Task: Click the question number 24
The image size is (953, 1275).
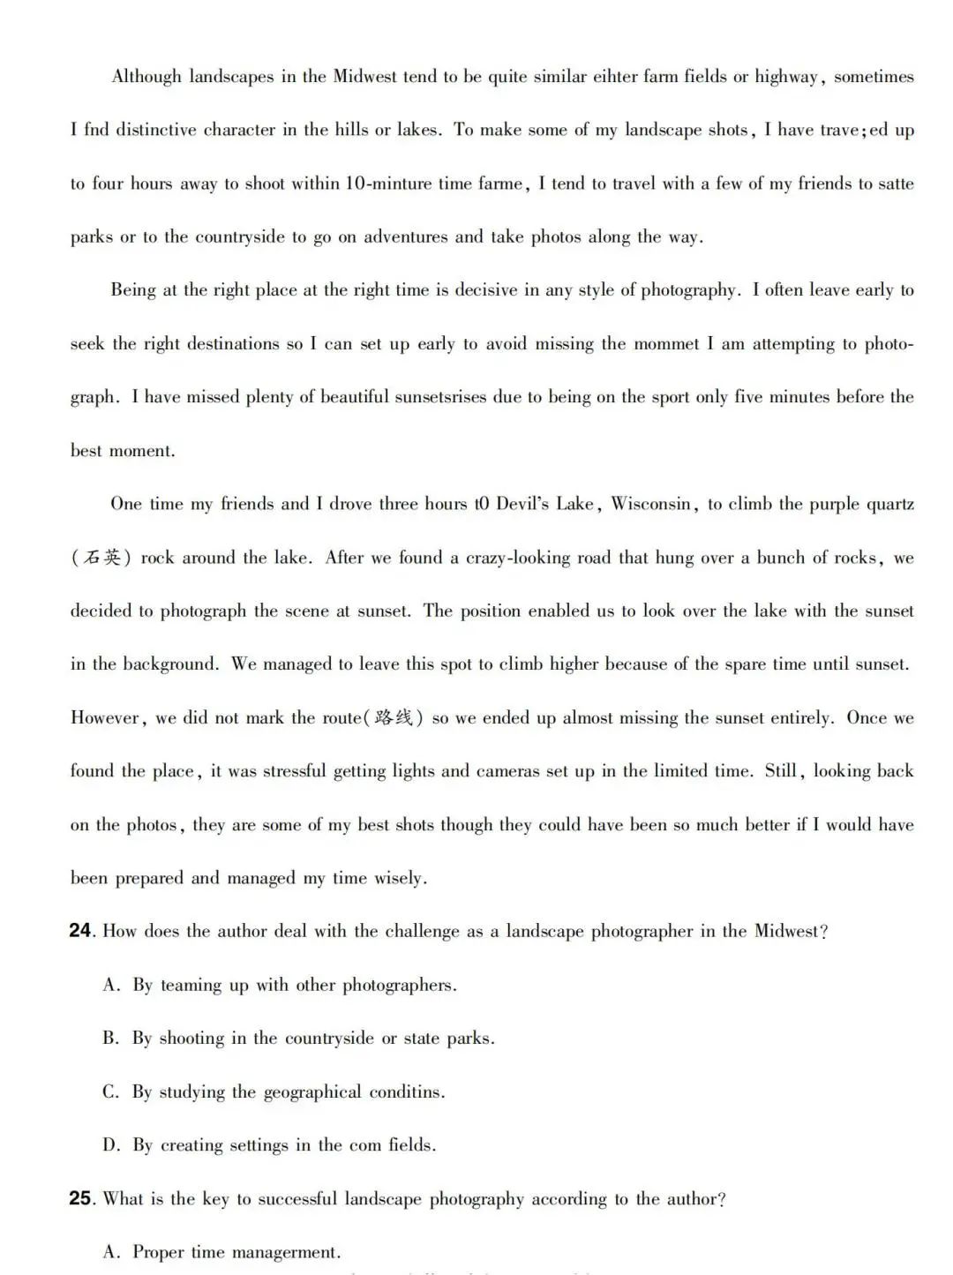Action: point(80,931)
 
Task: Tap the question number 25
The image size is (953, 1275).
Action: point(80,1199)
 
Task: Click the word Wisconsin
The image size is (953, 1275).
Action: point(651,504)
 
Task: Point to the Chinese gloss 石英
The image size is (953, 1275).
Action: point(101,558)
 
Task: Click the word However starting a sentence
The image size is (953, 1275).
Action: point(105,717)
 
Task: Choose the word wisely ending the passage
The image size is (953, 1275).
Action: point(401,878)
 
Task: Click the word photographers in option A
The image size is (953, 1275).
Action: point(399,985)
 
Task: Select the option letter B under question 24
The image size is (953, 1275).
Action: point(110,1039)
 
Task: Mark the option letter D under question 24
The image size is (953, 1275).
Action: point(110,1145)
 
